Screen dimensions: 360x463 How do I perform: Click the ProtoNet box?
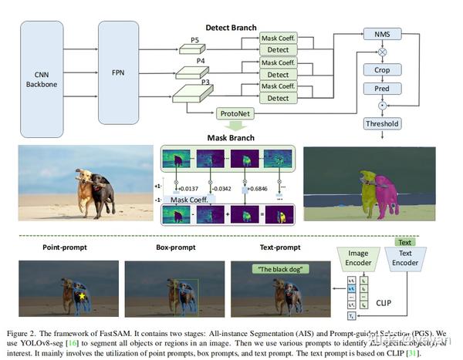[236, 113]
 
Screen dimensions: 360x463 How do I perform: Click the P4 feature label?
[199, 59]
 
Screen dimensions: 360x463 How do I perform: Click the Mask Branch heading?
[230, 138]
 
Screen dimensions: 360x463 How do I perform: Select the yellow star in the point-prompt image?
[82, 295]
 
